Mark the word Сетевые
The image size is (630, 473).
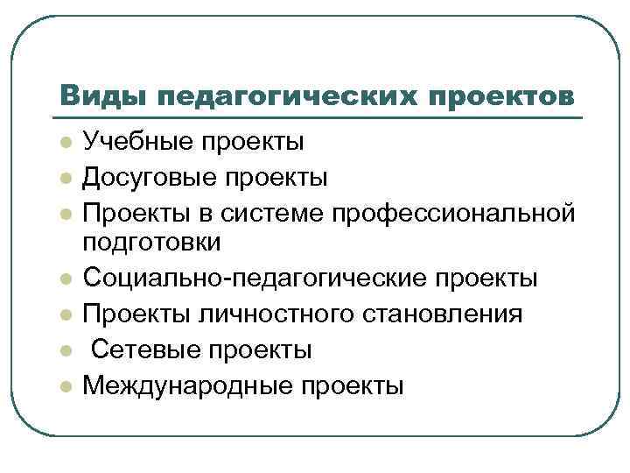point(143,349)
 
